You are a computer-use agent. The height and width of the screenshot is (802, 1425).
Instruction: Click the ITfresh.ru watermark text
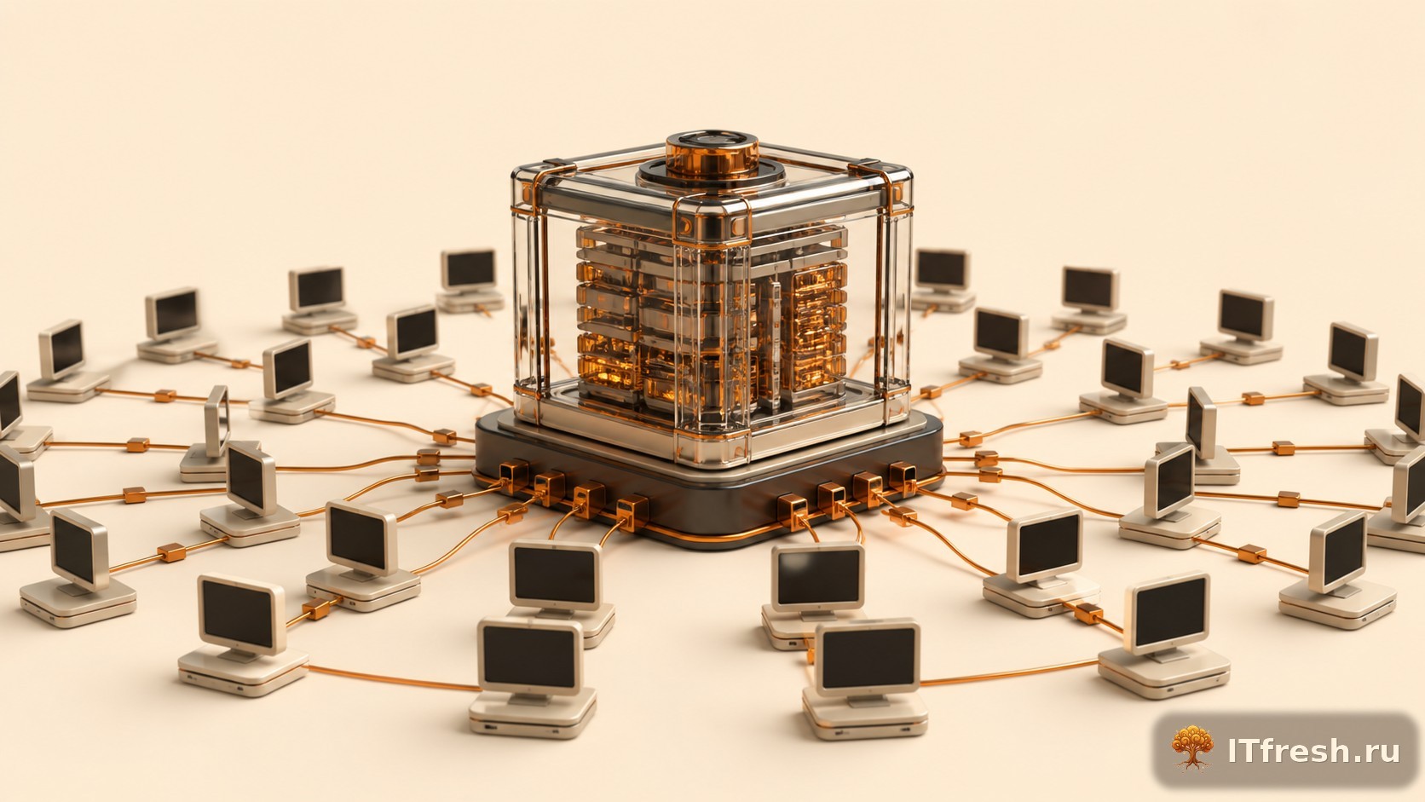pos(1313,751)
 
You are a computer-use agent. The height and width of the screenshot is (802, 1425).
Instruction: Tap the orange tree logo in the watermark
pos(1192,748)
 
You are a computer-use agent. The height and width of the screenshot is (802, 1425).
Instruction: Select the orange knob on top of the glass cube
pos(712,153)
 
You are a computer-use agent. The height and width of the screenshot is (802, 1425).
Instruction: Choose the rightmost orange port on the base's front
pos(903,478)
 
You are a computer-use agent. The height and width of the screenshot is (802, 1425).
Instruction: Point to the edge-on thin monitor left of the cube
pos(217,420)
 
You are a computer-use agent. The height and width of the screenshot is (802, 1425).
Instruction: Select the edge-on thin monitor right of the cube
pos(1201,422)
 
